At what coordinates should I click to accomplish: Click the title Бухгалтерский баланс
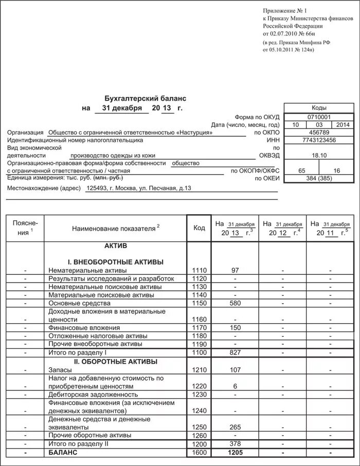[x=146, y=98]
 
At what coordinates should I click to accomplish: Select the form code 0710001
[x=319, y=117]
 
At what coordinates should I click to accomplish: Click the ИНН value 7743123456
[x=319, y=140]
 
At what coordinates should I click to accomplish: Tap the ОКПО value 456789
[x=319, y=132]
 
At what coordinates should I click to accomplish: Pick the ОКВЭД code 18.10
[x=319, y=155]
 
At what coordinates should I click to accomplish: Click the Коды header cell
[x=319, y=108]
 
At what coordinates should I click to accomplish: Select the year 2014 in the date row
[x=342, y=125]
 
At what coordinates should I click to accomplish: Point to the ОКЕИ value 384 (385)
[x=319, y=178]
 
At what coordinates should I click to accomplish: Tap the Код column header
[x=199, y=228]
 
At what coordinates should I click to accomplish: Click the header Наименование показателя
[x=115, y=228]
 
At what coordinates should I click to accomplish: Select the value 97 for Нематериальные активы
[x=235, y=270]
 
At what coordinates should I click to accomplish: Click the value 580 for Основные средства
[x=235, y=303]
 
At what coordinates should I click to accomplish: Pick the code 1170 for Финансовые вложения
[x=199, y=327]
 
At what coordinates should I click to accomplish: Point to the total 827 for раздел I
[x=235, y=352]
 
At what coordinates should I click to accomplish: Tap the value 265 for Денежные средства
[x=235, y=427]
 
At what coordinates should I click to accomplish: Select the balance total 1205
[x=235, y=452]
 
